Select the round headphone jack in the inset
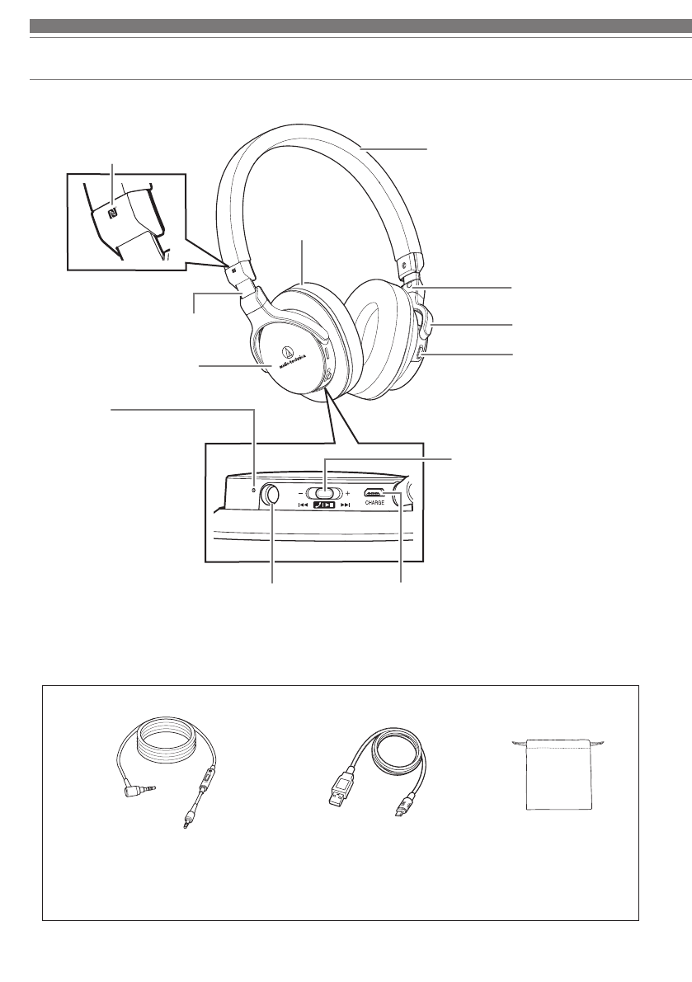[271, 496]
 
